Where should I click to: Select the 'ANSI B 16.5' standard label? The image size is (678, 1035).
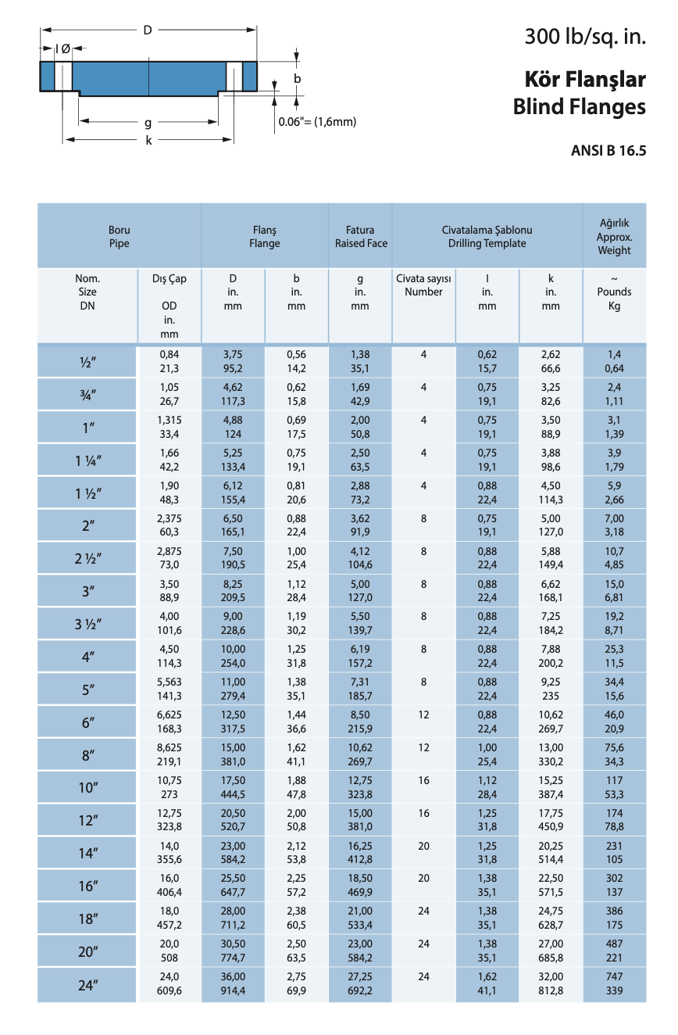609,152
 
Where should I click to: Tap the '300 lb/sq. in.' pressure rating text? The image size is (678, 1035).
585,37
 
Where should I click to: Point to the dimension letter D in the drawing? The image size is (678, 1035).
147,30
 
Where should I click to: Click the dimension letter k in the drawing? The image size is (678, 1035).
148,141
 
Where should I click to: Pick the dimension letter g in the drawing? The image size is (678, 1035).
148,122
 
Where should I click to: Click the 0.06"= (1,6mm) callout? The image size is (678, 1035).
317,122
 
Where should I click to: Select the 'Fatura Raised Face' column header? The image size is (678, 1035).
360,237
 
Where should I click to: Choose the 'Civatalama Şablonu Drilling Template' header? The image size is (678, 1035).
487,237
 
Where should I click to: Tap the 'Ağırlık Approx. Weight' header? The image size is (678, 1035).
614,237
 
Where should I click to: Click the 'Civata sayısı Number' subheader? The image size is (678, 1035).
423,285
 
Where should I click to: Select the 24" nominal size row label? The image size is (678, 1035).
87,986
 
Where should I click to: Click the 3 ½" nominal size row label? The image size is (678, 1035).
87,625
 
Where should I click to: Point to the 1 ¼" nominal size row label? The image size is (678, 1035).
87,460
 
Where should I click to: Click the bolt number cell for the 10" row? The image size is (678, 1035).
423,781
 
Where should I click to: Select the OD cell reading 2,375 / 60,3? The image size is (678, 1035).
169,525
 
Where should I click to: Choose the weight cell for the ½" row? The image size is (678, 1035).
614,361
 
